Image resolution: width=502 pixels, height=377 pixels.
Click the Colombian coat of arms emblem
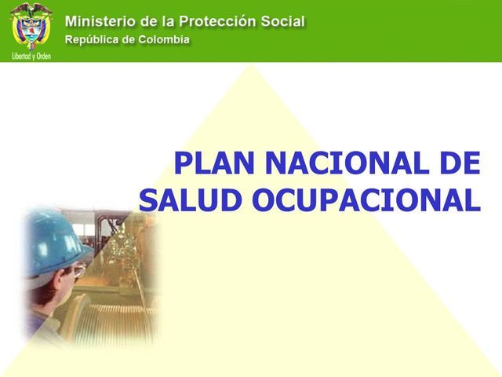31,27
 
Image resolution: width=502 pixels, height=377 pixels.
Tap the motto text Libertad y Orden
31,57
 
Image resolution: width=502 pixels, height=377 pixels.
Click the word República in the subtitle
93,39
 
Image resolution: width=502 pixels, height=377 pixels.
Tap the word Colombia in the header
162,39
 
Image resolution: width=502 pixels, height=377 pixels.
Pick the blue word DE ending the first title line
458,163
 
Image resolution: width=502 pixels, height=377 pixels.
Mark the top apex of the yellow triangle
252,65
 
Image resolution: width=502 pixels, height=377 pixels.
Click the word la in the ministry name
177,21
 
